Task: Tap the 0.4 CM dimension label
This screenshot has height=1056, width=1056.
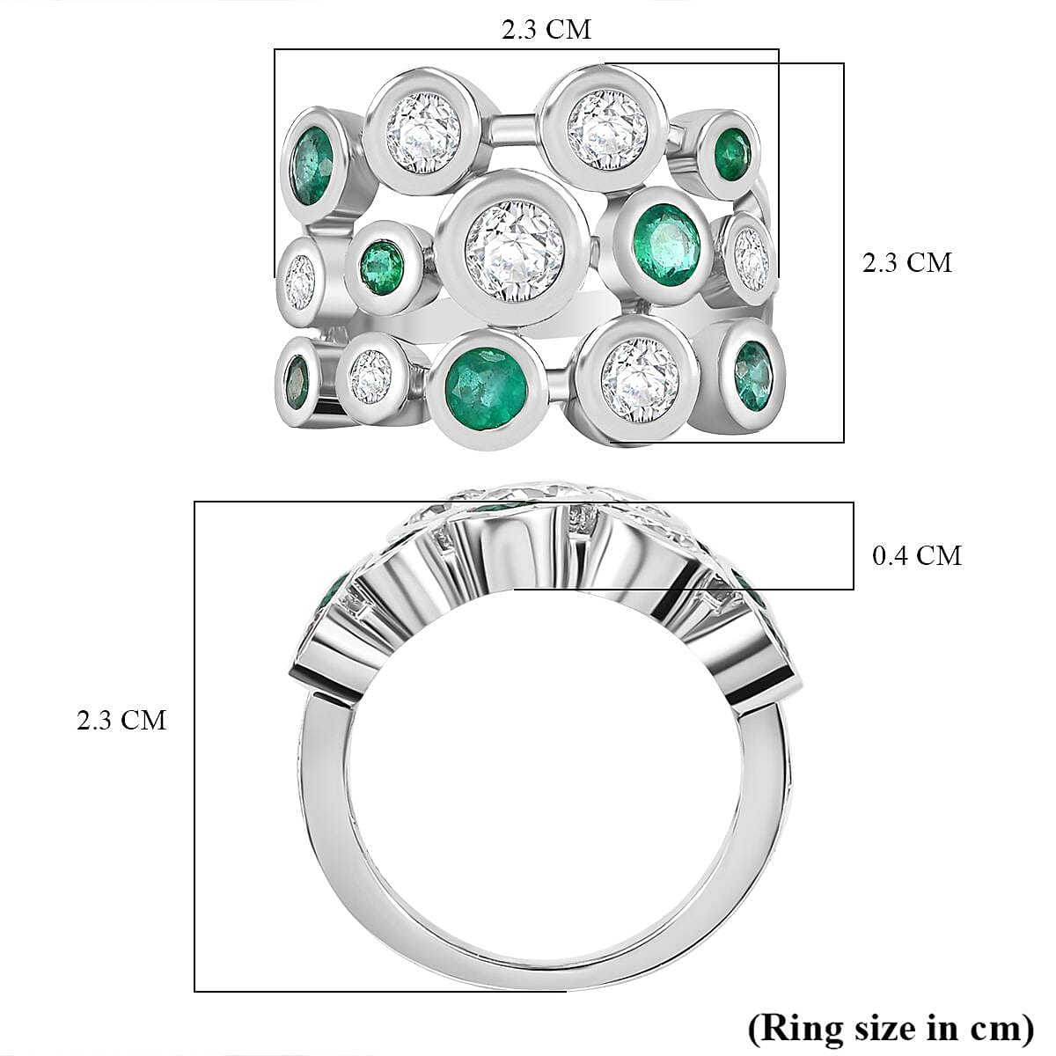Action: [916, 555]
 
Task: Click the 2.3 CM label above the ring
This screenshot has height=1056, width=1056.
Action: [546, 29]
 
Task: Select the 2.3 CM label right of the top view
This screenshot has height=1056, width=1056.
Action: [906, 262]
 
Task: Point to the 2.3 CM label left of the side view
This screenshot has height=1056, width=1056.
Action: [121, 720]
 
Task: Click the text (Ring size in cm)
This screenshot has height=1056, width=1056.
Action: [890, 1026]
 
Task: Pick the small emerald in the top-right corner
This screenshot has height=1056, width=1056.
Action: [733, 150]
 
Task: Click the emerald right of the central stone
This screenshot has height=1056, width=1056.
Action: [666, 244]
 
